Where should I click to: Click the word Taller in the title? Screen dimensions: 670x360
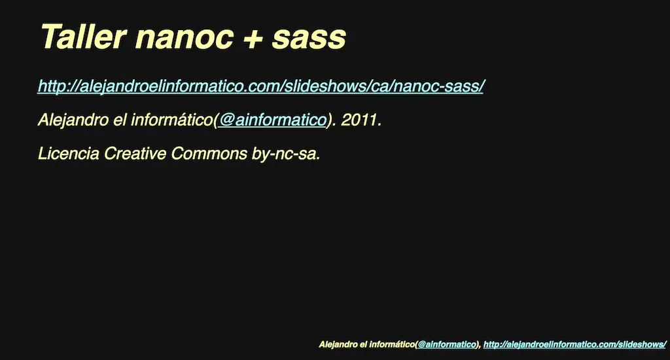pos(83,37)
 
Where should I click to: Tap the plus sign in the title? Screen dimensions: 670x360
pos(253,39)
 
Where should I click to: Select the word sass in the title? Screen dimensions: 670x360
pos(309,39)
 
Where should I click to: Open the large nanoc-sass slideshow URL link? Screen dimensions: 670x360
pos(260,86)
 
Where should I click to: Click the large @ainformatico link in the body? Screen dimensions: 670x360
pos(273,120)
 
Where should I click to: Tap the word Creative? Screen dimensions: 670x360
pos(135,153)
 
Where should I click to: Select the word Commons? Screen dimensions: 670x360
pos(209,153)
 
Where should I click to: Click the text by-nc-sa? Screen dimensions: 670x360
pos(286,153)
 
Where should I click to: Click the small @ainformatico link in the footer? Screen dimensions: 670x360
pos(446,344)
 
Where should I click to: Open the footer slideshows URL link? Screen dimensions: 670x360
pos(574,344)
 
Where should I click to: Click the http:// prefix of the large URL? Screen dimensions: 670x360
pos(58,86)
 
